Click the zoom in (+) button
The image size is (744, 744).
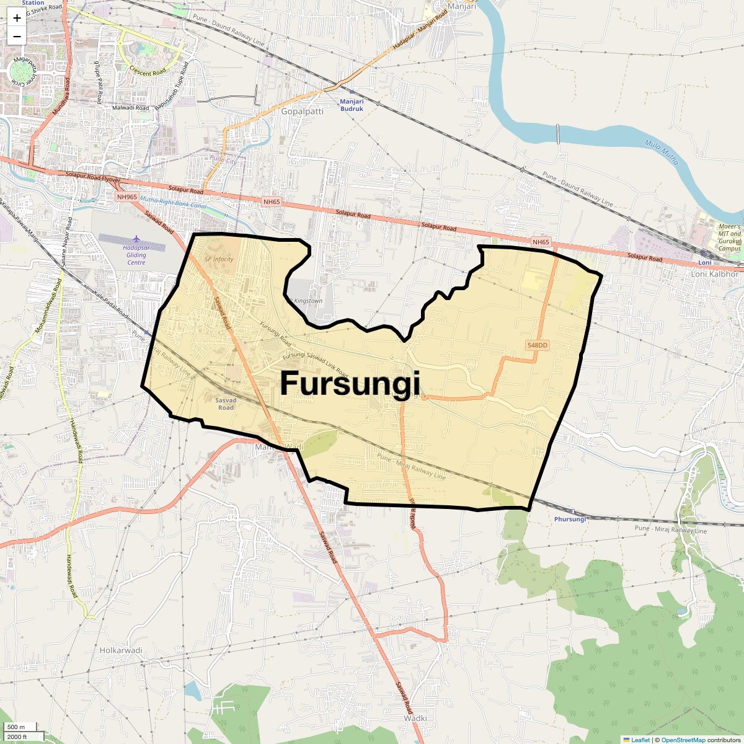tap(17, 18)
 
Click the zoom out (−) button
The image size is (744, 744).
tap(17, 36)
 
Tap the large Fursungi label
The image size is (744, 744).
tap(350, 383)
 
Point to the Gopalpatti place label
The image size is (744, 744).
tap(303, 112)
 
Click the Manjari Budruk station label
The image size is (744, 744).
tap(352, 105)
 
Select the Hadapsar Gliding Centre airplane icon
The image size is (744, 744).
tap(136, 239)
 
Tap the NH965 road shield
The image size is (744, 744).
tap(126, 197)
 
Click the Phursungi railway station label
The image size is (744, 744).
tap(570, 519)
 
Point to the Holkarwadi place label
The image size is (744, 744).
tap(121, 650)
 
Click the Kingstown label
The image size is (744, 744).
tap(307, 301)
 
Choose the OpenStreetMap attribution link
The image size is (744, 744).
tap(683, 740)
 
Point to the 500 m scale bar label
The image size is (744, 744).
tap(16, 727)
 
